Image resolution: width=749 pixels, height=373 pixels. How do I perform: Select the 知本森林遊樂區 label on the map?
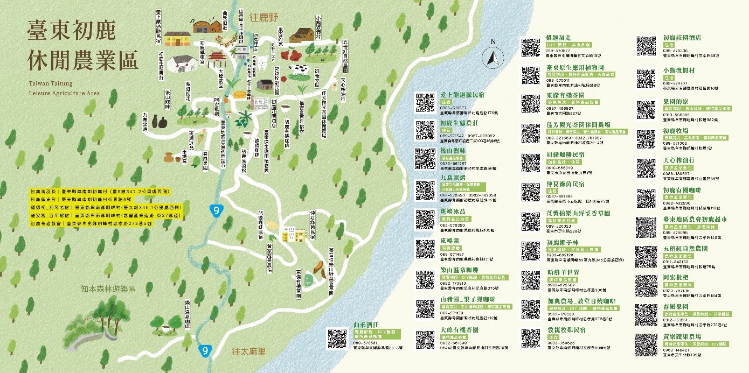pos(106,289)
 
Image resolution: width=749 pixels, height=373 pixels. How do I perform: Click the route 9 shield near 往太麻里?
pos(204,350)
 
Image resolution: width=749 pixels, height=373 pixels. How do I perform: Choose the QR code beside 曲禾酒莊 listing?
pos(337,339)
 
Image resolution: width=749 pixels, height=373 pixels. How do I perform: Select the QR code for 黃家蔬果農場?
pos(646,344)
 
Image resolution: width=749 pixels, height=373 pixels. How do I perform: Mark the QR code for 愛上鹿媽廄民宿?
pos(425,103)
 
